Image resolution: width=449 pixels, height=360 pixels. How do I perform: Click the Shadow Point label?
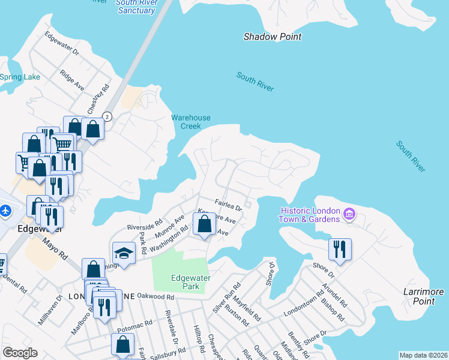[x=272, y=37]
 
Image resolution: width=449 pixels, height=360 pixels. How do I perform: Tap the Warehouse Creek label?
[x=191, y=122]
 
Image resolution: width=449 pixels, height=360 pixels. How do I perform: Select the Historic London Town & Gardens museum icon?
[x=349, y=213]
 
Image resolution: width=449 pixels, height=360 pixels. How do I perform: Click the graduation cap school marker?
[x=124, y=252]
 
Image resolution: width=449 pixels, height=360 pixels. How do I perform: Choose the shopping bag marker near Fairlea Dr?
[x=205, y=225]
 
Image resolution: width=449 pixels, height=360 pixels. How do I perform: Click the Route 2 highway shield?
[x=107, y=116]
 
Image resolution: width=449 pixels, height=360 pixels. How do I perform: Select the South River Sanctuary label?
[x=137, y=7]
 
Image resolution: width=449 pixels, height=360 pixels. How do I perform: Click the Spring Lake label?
[x=19, y=77]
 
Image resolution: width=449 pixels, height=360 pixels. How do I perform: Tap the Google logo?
[x=20, y=352]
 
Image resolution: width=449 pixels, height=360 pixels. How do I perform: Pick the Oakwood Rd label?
[x=155, y=296]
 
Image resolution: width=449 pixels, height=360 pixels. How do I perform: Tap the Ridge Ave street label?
[x=71, y=80]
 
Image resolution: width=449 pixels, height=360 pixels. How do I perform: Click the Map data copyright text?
[x=423, y=355]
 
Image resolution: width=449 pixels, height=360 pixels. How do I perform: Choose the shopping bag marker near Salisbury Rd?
[x=123, y=344]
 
